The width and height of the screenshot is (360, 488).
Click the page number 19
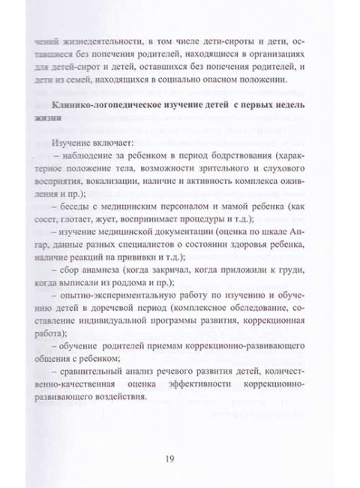point(180,460)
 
